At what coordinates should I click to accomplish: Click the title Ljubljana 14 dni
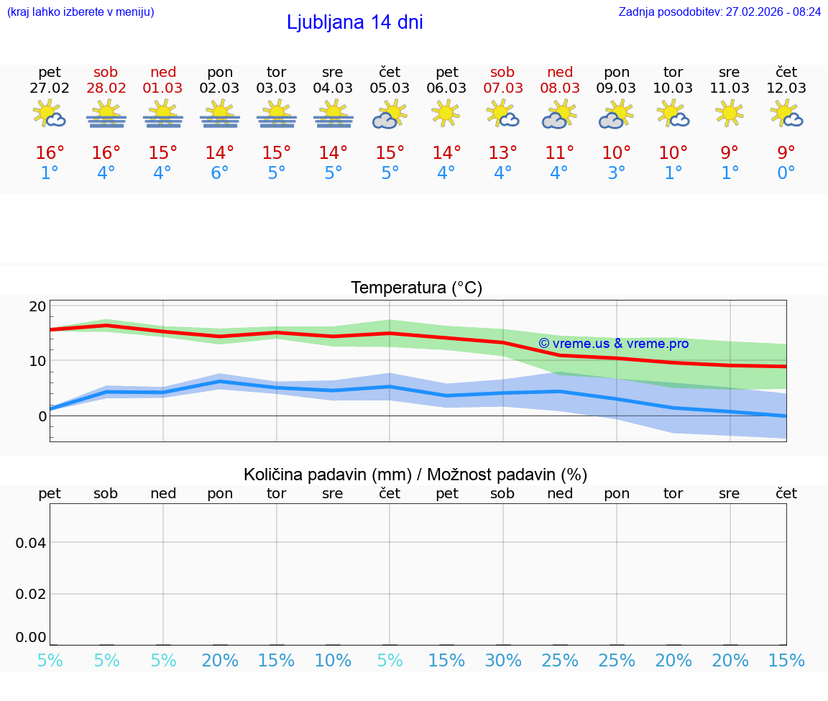tap(354, 22)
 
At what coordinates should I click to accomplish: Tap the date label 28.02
tap(106, 88)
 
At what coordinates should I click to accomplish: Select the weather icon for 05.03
tap(390, 114)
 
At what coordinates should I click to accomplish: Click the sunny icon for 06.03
tap(446, 113)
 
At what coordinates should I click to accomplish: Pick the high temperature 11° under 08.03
tap(559, 153)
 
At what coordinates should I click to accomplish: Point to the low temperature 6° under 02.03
tap(219, 173)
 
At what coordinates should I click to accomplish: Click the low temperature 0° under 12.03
tap(786, 173)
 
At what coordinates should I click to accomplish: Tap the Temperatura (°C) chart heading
tap(416, 288)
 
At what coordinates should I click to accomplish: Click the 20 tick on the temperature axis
tap(37, 306)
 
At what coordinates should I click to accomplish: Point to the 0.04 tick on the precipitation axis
tap(31, 543)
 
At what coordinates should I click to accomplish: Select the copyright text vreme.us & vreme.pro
tap(613, 344)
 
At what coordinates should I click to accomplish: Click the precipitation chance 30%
tap(503, 661)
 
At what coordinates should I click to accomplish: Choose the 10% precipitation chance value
tap(333, 661)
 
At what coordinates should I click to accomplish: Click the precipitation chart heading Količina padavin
tap(415, 475)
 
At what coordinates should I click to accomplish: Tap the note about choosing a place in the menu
tap(80, 12)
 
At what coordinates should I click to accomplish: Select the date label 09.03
tap(616, 88)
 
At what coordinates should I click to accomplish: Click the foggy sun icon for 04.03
tap(333, 114)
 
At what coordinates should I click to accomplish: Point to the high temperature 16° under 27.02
tap(50, 153)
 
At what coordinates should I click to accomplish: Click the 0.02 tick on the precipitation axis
tap(31, 594)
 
